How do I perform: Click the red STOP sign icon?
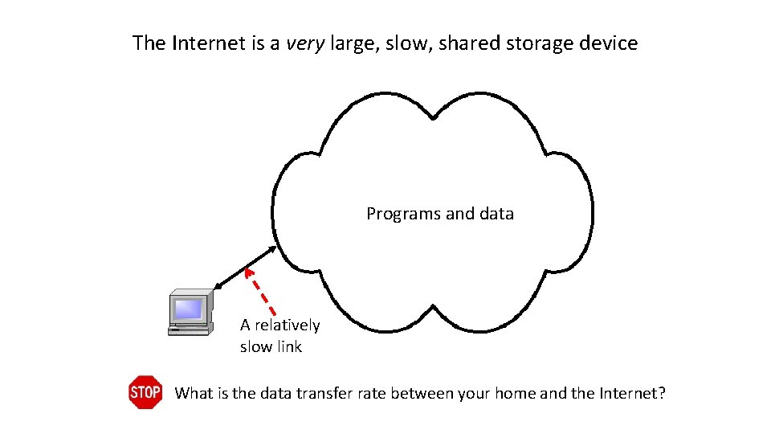tap(145, 392)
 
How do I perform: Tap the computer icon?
tap(190, 313)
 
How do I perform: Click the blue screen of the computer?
tap(189, 308)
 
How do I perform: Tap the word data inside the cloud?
tap(496, 214)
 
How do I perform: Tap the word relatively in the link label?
tap(287, 325)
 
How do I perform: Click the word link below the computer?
tap(288, 346)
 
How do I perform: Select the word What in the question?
tap(194, 393)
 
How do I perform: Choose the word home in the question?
tap(515, 393)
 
